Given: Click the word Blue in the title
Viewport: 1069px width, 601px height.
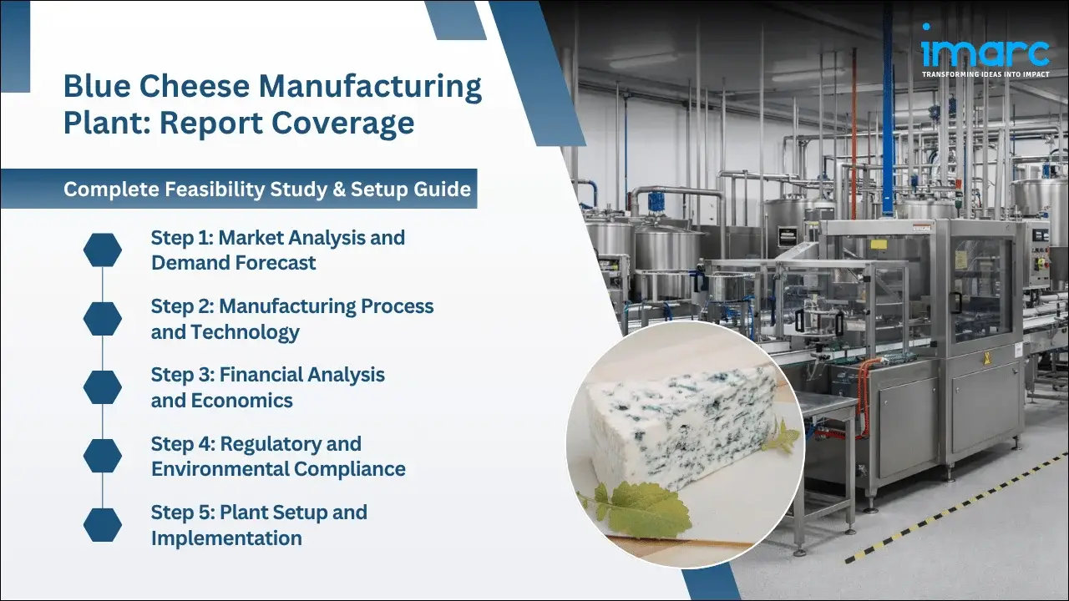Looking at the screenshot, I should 93,86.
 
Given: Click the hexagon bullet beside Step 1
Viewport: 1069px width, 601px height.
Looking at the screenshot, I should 103,250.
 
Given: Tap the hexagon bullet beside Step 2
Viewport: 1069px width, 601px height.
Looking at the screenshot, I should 103,319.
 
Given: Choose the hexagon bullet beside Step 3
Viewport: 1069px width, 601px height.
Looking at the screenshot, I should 103,387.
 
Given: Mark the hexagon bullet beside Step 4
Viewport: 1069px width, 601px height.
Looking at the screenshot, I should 103,456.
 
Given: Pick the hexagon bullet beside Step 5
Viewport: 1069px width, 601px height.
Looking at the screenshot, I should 103,524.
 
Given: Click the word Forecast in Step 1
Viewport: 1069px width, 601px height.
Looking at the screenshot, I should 276,263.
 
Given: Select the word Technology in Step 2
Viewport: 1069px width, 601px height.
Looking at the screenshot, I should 245,332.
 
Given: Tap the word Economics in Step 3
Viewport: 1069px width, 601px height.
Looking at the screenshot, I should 241,401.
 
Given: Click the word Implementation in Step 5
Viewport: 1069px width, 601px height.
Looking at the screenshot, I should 226,538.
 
